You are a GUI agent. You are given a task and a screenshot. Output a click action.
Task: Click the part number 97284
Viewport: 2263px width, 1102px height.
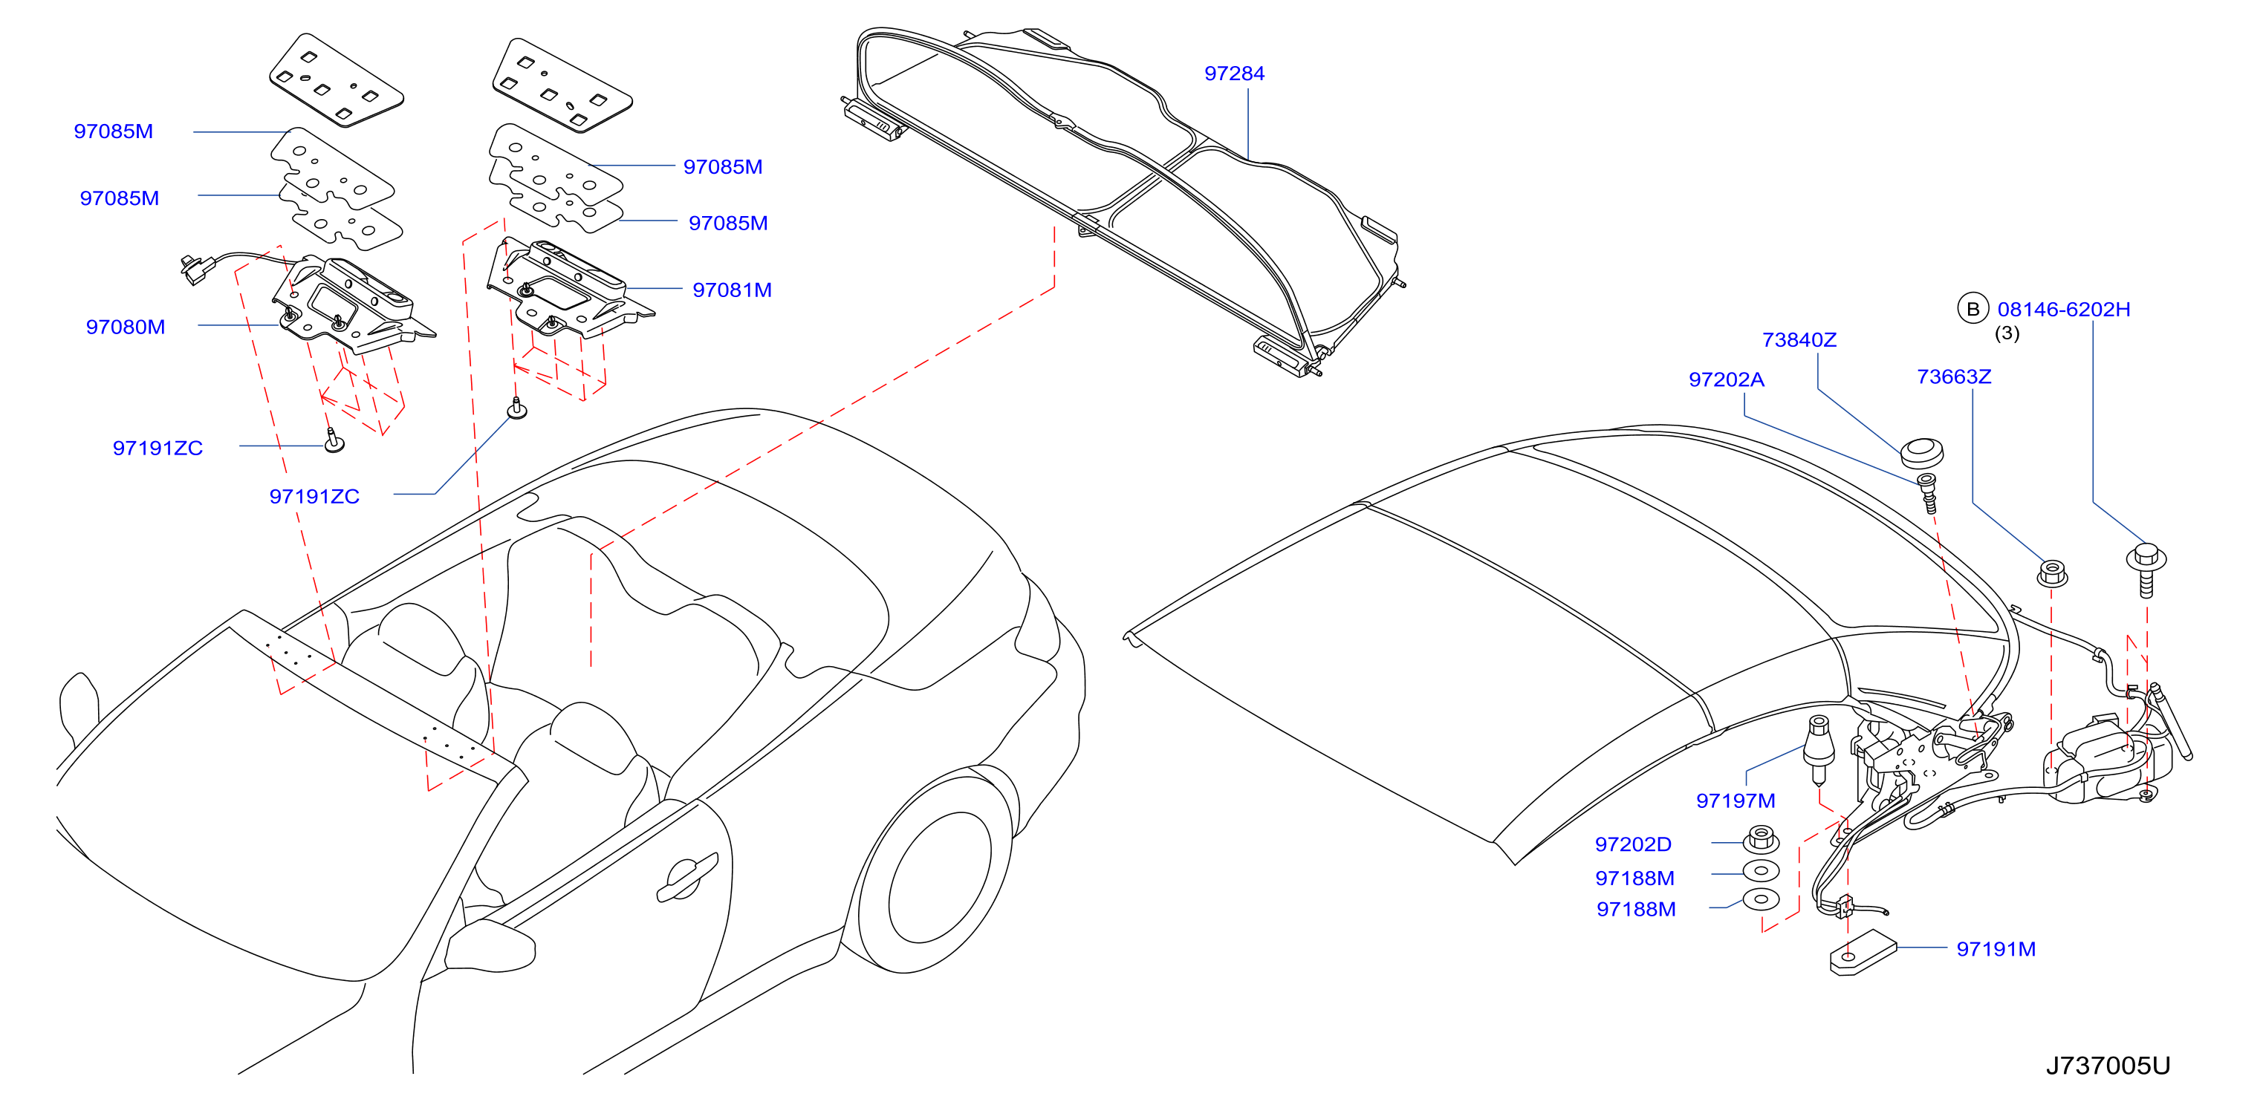pyautogui.click(x=1234, y=74)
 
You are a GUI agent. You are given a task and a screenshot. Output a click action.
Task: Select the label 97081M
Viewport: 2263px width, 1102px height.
pyautogui.click(x=732, y=290)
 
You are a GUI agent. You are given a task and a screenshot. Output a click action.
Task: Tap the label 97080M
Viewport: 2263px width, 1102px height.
pyautogui.click(x=126, y=327)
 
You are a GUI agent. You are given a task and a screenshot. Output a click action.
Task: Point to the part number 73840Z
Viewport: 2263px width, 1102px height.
pyautogui.click(x=1799, y=340)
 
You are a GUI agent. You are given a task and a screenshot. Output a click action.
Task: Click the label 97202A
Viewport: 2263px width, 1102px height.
pyautogui.click(x=1727, y=379)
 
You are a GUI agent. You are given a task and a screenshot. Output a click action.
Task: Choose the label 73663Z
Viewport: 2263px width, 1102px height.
pyautogui.click(x=1954, y=376)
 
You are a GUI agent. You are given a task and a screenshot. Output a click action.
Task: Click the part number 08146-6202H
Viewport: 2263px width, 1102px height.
pyautogui.click(x=2064, y=309)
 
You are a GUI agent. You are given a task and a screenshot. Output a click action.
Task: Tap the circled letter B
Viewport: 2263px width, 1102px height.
pyautogui.click(x=1973, y=309)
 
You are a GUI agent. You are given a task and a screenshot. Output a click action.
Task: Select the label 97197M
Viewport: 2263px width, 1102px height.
pyautogui.click(x=1735, y=801)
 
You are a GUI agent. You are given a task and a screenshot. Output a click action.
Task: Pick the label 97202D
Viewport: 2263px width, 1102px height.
pyautogui.click(x=1633, y=844)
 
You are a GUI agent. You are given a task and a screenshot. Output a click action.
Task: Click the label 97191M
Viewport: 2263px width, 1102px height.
pyautogui.click(x=1996, y=948)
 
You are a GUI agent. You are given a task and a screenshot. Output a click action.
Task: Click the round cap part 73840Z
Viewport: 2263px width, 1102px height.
pyautogui.click(x=1921, y=453)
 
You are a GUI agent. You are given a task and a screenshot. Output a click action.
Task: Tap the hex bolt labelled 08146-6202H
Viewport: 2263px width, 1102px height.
pyautogui.click(x=2146, y=569)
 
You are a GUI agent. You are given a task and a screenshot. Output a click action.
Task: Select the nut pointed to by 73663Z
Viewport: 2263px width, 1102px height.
pyautogui.click(x=2051, y=573)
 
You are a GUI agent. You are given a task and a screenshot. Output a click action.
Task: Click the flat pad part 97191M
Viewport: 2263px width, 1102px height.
pyautogui.click(x=1863, y=957)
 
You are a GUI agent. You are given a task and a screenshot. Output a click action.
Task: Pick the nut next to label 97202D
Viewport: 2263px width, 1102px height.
pyautogui.click(x=1761, y=838)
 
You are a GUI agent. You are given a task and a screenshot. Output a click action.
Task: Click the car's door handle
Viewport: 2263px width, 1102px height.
pyautogui.click(x=687, y=876)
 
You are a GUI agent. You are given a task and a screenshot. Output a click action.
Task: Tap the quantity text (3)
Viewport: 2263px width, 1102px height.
pyautogui.click(x=2007, y=333)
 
